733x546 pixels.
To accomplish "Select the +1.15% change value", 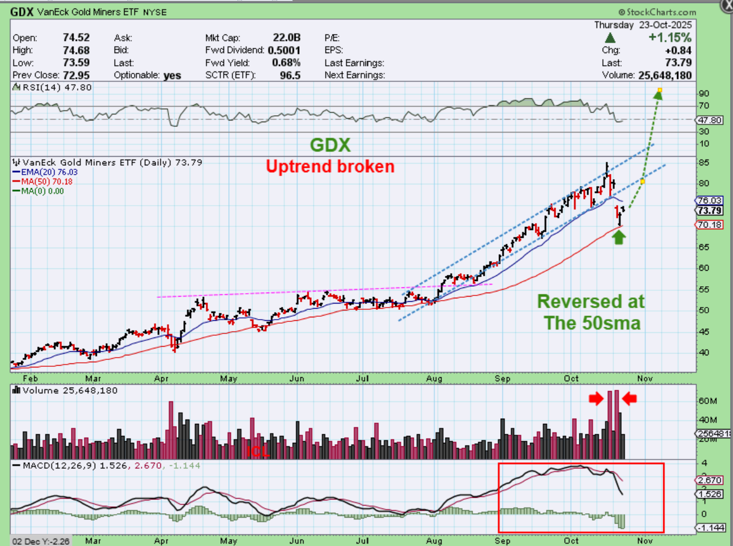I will tap(670, 38).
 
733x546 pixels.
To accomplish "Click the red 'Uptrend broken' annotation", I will tap(330, 167).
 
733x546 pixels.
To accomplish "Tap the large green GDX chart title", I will tap(330, 145).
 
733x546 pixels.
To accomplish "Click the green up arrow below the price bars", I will tap(618, 237).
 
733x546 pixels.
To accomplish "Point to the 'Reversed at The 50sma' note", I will tap(591, 312).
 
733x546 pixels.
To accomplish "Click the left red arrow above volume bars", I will tap(595, 398).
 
